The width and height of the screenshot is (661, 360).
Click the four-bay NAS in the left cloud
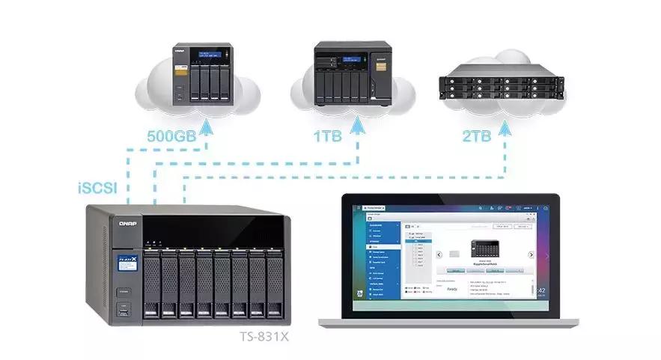click(x=198, y=73)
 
